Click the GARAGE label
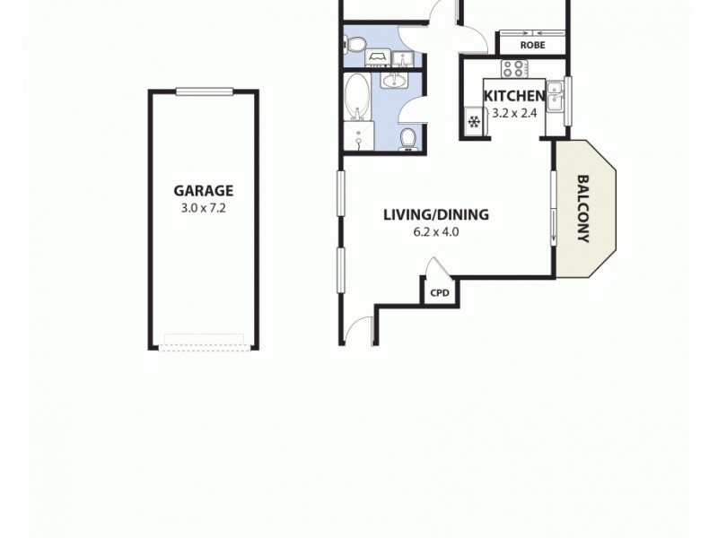203,190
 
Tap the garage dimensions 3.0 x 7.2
203,208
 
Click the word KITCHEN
513,97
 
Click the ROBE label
533,45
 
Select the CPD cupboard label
439,292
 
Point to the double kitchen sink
556,96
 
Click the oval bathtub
358,96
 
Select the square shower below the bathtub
359,137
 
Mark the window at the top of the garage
204,91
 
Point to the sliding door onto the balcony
554,207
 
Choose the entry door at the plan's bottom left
361,332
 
